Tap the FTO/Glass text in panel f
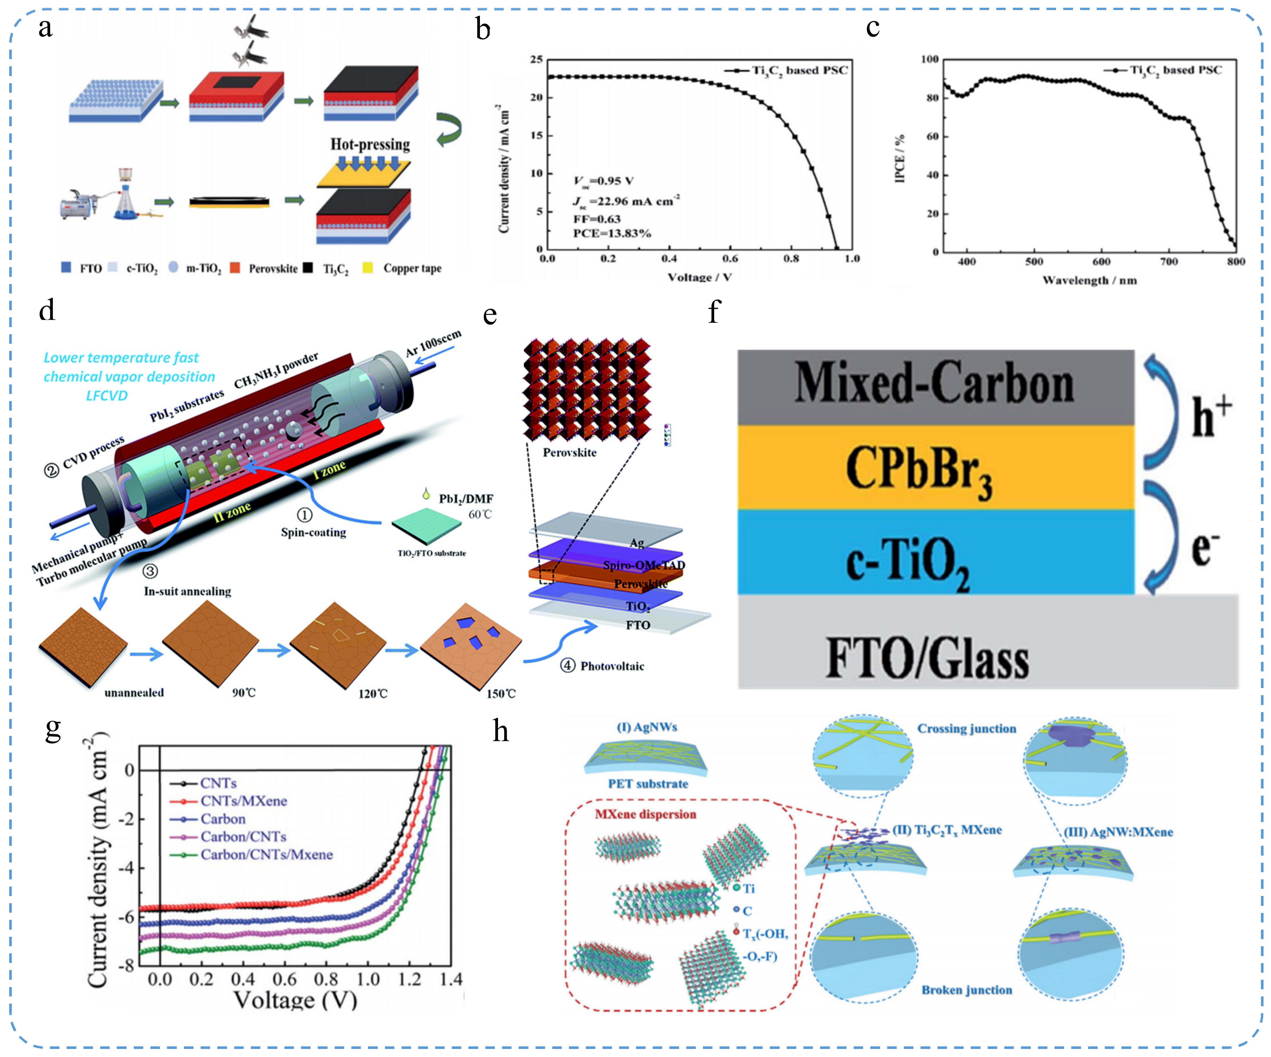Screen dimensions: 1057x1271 pyautogui.click(x=927, y=660)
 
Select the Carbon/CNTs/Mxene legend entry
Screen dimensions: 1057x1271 pyautogui.click(x=266, y=854)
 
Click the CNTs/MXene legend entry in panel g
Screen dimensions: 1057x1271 pyautogui.click(x=243, y=800)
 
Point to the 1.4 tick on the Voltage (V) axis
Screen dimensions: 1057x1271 pyautogui.click(x=451, y=979)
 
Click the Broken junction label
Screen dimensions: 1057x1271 pyautogui.click(x=966, y=990)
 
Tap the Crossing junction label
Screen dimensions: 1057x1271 pyautogui.click(x=966, y=728)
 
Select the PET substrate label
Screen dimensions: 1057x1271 pyautogui.click(x=648, y=784)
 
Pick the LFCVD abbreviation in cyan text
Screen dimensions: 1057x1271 pyautogui.click(x=106, y=395)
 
